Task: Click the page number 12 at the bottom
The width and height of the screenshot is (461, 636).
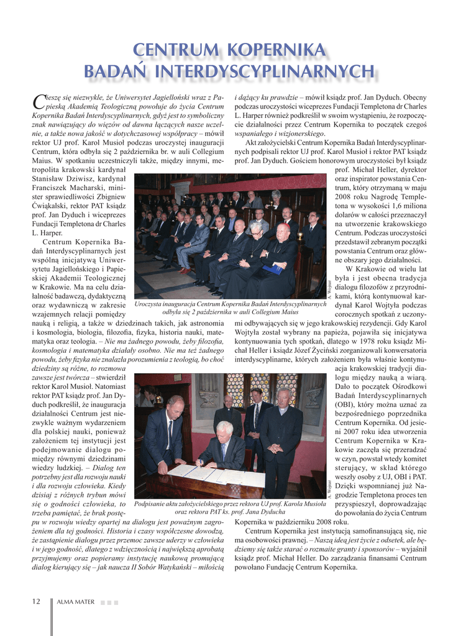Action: (36, 601)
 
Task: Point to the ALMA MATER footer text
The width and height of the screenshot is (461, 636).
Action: (76, 602)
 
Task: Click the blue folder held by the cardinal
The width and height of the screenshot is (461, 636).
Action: (274, 269)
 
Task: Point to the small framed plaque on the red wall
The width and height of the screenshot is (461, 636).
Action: (178, 377)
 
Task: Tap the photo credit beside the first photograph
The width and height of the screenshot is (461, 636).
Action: (329, 290)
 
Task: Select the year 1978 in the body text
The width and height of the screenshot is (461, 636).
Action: (361, 342)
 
